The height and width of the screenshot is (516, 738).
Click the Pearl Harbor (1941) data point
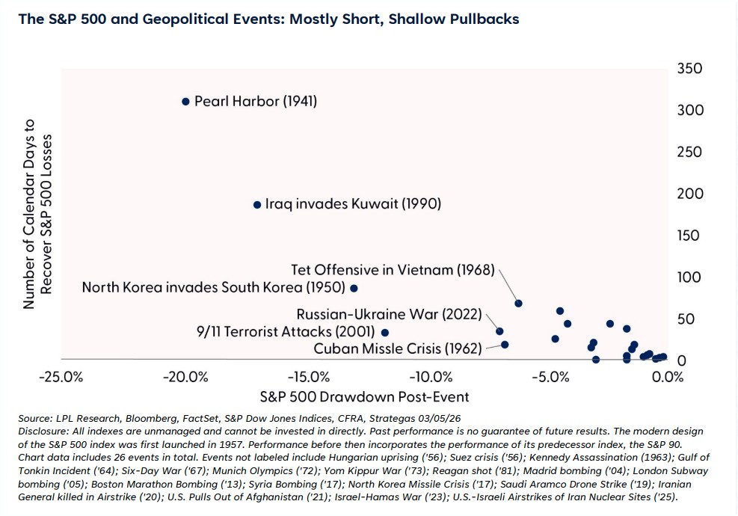[185, 101]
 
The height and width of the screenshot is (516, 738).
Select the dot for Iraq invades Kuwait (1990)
[257, 204]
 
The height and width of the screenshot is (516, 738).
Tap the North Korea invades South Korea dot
[354, 288]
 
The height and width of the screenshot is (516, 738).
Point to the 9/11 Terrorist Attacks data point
[385, 332]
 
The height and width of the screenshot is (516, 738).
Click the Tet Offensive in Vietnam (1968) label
[393, 269]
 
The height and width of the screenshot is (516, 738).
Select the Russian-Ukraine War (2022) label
[389, 314]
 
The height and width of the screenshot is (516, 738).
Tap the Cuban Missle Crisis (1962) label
[398, 348]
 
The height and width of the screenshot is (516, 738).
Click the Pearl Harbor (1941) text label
[255, 101]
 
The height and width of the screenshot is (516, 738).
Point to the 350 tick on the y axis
[689, 69]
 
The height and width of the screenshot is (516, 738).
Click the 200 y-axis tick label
[689, 194]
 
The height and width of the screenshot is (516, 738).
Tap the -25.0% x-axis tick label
[62, 376]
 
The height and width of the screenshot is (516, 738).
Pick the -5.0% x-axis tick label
[551, 376]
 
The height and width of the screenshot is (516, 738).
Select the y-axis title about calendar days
[37, 214]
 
